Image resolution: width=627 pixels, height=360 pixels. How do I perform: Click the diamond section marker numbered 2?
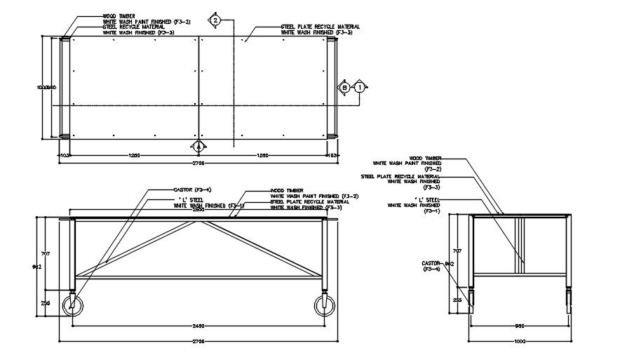point(216,21)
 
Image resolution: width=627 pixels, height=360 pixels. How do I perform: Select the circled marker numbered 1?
point(360,87)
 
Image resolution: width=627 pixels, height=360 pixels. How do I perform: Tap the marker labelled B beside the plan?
point(344,87)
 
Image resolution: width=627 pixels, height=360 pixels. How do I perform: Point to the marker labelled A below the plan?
point(198,146)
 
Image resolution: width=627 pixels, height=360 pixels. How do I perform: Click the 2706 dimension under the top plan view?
point(198,163)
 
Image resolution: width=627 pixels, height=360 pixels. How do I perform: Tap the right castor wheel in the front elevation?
point(324,306)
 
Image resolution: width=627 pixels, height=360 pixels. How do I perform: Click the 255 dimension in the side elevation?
point(457,300)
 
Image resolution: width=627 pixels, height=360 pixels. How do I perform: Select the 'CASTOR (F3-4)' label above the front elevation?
point(192,189)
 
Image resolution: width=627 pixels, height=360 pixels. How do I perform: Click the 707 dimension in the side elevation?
point(457,251)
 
